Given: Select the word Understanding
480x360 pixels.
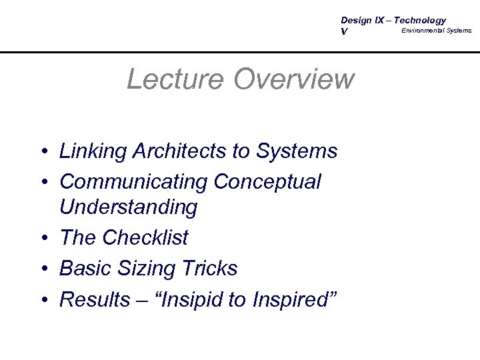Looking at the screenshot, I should pos(128,208).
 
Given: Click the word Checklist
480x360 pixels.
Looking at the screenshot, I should pos(153,237).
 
